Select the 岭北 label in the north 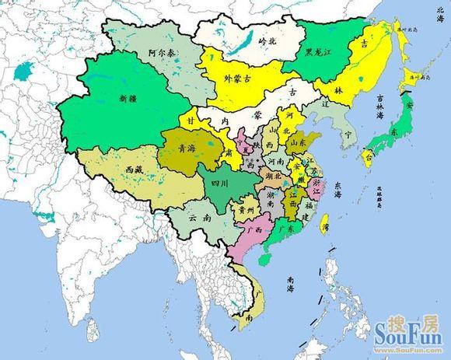267,39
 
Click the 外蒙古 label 236,78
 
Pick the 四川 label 219,183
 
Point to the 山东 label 296,143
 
